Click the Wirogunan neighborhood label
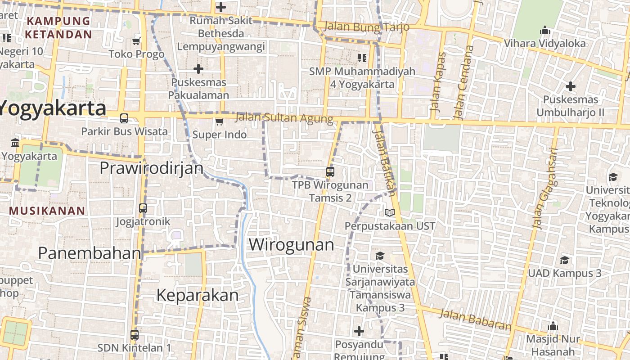(x=291, y=245)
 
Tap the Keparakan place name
(x=197, y=295)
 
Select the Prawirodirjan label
(x=151, y=168)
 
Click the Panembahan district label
(x=90, y=253)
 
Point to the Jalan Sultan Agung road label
(x=284, y=118)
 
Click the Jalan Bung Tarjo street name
(x=366, y=27)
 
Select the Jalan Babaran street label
(x=475, y=319)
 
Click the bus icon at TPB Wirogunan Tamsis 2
(x=330, y=171)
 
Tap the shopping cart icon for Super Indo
(x=219, y=121)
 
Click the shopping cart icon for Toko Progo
(x=136, y=41)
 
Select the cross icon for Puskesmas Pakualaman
(x=198, y=69)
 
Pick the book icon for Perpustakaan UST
(x=390, y=212)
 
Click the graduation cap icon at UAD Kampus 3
(x=564, y=260)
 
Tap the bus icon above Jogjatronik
(x=143, y=208)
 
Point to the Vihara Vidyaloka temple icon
(x=545, y=31)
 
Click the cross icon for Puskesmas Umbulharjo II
(x=571, y=86)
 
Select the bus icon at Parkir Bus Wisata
(x=124, y=118)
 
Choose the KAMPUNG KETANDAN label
(x=58, y=27)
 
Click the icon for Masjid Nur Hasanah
(x=553, y=326)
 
